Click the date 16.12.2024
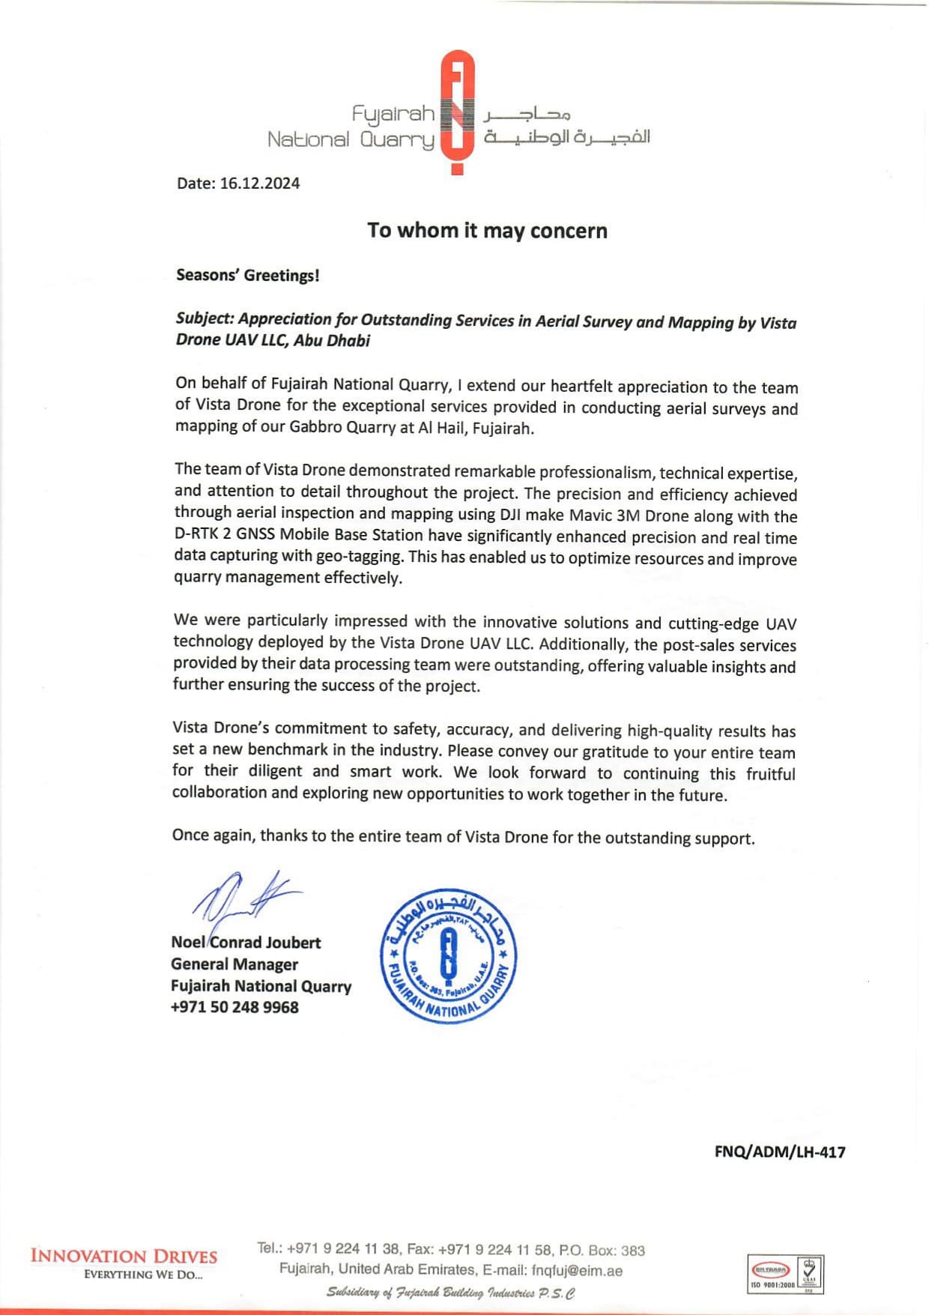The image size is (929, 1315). coord(259,184)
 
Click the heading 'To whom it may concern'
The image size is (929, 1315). coord(487,230)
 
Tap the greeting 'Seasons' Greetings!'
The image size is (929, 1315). coord(248,275)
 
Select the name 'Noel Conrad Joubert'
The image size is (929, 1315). coord(246,942)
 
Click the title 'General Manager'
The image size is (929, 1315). coord(234,964)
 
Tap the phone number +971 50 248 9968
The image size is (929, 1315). coord(234,1007)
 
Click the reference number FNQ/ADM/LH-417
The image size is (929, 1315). coord(779,1152)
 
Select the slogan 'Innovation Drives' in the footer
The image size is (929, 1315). coord(124,1256)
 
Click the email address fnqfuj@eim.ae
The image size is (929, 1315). coord(577,1270)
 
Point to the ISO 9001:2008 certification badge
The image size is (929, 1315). coord(786,1275)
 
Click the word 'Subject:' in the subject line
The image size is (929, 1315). coord(205,318)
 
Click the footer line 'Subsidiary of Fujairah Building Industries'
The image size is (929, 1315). coord(450,1293)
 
